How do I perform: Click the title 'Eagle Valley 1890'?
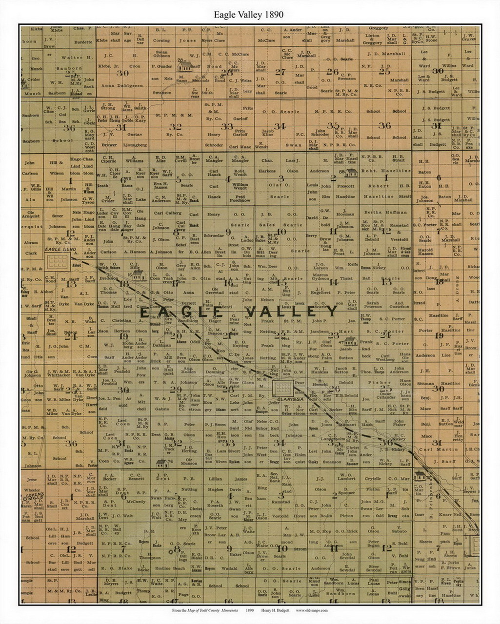click(x=249, y=15)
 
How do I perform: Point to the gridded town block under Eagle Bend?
click(x=58, y=263)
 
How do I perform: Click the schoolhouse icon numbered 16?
click(x=140, y=276)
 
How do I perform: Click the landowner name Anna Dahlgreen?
click(x=122, y=85)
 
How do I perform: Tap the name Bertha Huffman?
click(x=385, y=213)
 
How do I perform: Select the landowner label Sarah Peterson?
click(x=372, y=305)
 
